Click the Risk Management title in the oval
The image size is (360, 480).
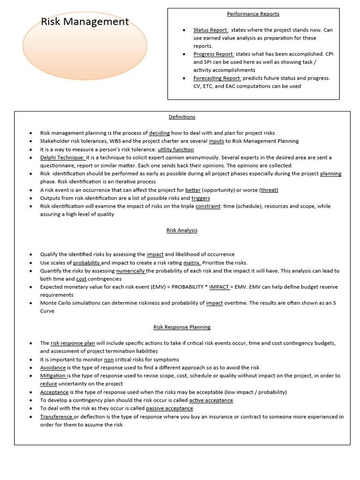tap(85, 22)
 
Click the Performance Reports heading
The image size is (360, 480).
tap(253, 14)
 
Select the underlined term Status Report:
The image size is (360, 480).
tap(210, 30)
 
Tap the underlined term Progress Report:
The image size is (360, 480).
tap(214, 54)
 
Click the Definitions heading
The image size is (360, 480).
tap(182, 117)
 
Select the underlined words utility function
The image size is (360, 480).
tap(176, 150)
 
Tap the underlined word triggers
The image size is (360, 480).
tap(201, 198)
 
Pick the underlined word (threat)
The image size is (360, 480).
tap(269, 190)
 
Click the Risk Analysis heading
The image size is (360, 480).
tap(182, 230)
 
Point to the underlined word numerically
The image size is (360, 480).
tap(131, 271)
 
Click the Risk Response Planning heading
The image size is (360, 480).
tap(182, 327)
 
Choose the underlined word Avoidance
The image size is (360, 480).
tap(53, 367)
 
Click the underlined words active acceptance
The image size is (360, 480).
tap(211, 400)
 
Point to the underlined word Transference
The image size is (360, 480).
tap(56, 417)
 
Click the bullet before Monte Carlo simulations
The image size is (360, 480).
tap(30, 303)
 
